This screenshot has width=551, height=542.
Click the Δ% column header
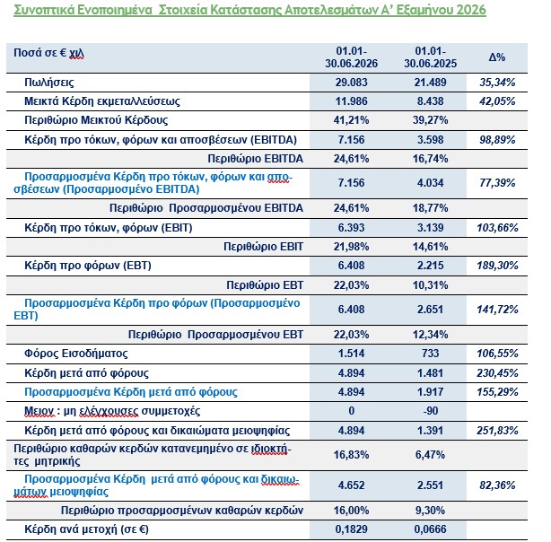497,57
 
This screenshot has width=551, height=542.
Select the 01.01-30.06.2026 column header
352,57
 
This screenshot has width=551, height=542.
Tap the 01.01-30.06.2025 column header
431,57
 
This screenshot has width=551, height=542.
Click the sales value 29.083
352,83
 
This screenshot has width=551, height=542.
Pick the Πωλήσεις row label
49,83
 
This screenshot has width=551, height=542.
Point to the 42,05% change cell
497,101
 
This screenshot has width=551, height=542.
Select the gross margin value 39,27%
431,120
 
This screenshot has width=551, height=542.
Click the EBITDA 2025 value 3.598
431,140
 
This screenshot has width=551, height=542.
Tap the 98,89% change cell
497,140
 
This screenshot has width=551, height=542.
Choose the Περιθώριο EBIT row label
263,247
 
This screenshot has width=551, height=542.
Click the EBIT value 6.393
352,228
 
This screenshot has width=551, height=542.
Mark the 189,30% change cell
497,266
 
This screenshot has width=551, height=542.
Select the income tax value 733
431,354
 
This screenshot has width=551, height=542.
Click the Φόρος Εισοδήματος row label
76,354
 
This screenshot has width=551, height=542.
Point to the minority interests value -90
431,411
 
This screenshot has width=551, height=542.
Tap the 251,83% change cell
497,431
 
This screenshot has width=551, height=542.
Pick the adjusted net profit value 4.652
352,485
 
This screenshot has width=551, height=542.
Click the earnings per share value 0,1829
352,529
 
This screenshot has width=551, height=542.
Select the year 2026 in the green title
471,10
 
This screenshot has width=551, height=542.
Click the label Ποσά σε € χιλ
48,53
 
